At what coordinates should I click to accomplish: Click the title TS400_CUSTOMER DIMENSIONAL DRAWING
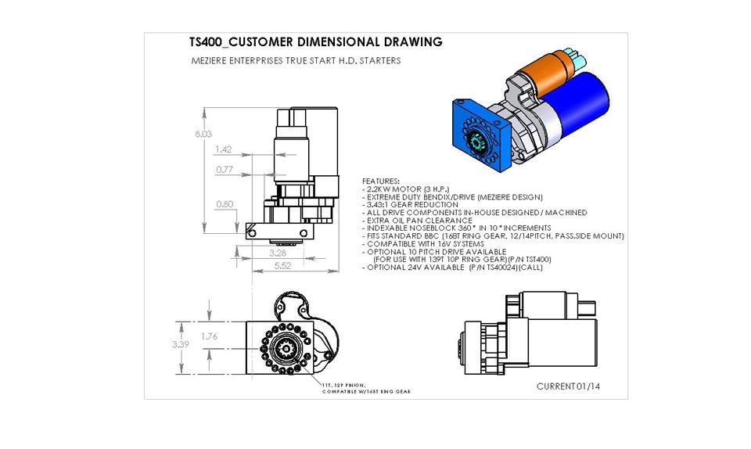pos(316,42)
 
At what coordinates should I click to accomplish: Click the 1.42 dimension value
pos(223,149)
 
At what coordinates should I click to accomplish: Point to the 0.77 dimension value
pos(225,169)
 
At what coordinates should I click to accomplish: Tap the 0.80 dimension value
pos(225,204)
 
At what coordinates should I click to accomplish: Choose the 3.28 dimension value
pos(277,253)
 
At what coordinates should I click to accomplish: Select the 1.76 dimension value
pos(210,336)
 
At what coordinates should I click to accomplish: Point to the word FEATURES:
pos(380,181)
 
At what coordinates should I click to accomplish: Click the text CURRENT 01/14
pos(568,386)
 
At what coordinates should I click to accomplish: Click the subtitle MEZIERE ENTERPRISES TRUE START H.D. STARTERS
pos(296,60)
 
